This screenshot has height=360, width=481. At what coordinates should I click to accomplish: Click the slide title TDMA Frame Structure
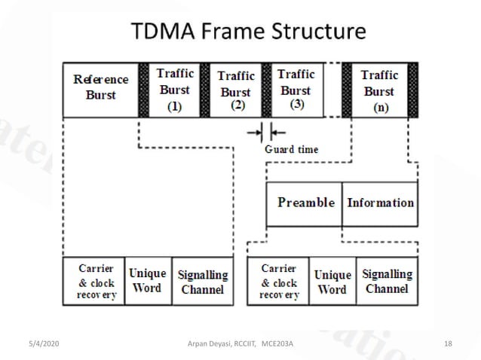(x=248, y=32)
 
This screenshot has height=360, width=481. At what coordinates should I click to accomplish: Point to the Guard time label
(x=291, y=149)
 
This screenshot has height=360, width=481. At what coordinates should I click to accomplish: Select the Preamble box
(x=305, y=203)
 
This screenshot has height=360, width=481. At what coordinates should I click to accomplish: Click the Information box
(x=380, y=203)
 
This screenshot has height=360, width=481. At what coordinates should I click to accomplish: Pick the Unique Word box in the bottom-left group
(x=148, y=281)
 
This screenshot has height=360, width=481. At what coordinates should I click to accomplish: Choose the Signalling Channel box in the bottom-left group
(x=202, y=281)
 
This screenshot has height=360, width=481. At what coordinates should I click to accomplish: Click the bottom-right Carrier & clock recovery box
(x=279, y=281)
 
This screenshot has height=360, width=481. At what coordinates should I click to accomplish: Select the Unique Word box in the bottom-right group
(x=332, y=281)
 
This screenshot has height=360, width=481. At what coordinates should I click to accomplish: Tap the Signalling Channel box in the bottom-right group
(x=387, y=281)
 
